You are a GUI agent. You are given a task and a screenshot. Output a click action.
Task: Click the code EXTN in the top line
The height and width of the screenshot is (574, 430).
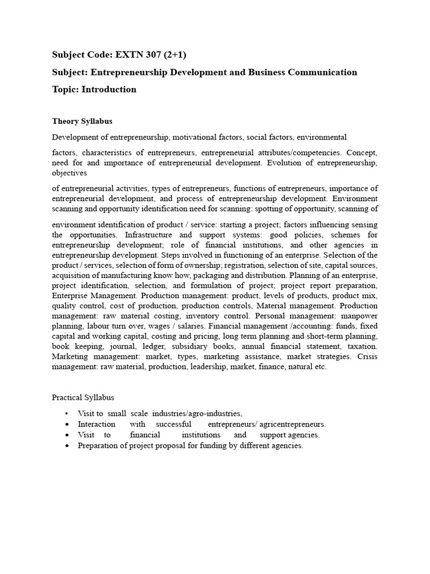pos(128,54)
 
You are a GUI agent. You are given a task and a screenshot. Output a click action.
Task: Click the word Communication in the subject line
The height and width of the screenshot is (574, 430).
pos(324,72)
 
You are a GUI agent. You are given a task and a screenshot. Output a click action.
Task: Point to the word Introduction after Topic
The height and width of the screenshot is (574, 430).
pos(109,89)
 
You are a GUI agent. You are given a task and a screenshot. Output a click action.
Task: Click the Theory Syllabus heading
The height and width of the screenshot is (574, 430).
pos(82,121)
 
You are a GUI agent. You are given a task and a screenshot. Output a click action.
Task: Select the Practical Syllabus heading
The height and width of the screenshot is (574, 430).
pos(83,397)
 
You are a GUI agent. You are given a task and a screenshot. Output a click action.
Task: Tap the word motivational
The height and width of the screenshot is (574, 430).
pos(195,137)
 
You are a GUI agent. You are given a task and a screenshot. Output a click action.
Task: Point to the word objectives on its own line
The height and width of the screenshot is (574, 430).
pos(70,173)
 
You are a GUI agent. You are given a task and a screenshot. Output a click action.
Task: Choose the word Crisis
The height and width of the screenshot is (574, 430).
pos(366,356)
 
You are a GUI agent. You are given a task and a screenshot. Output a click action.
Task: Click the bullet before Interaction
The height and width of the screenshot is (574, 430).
pos(67,424)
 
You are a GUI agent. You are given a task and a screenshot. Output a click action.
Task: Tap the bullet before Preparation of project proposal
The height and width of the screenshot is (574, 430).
pos(67,446)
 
